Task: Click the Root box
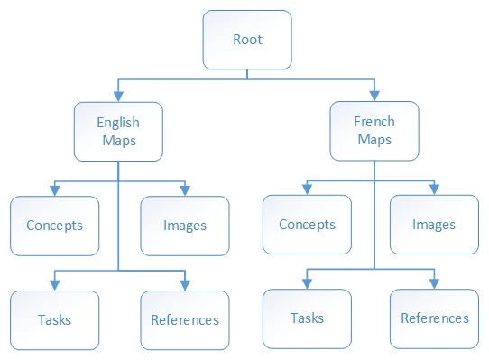pos(247,40)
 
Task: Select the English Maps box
pos(118,131)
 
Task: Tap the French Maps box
pos(374,130)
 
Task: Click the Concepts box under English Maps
pos(54,226)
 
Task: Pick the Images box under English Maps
pos(185,226)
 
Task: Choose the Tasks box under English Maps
pos(54,319)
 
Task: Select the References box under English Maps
pos(185,319)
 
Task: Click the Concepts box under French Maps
pos(307,225)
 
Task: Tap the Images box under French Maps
pos(435,225)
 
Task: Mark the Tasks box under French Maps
pos(307,318)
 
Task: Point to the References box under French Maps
pos(435,318)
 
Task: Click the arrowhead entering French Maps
pos(374,95)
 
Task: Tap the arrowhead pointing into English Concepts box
pos(54,191)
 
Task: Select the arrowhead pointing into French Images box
pos(435,190)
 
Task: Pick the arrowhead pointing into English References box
pos(185,285)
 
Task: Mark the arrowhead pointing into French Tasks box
pos(307,284)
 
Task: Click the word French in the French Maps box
pos(374,121)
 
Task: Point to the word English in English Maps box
pos(118,122)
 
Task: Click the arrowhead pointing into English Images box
pos(185,191)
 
